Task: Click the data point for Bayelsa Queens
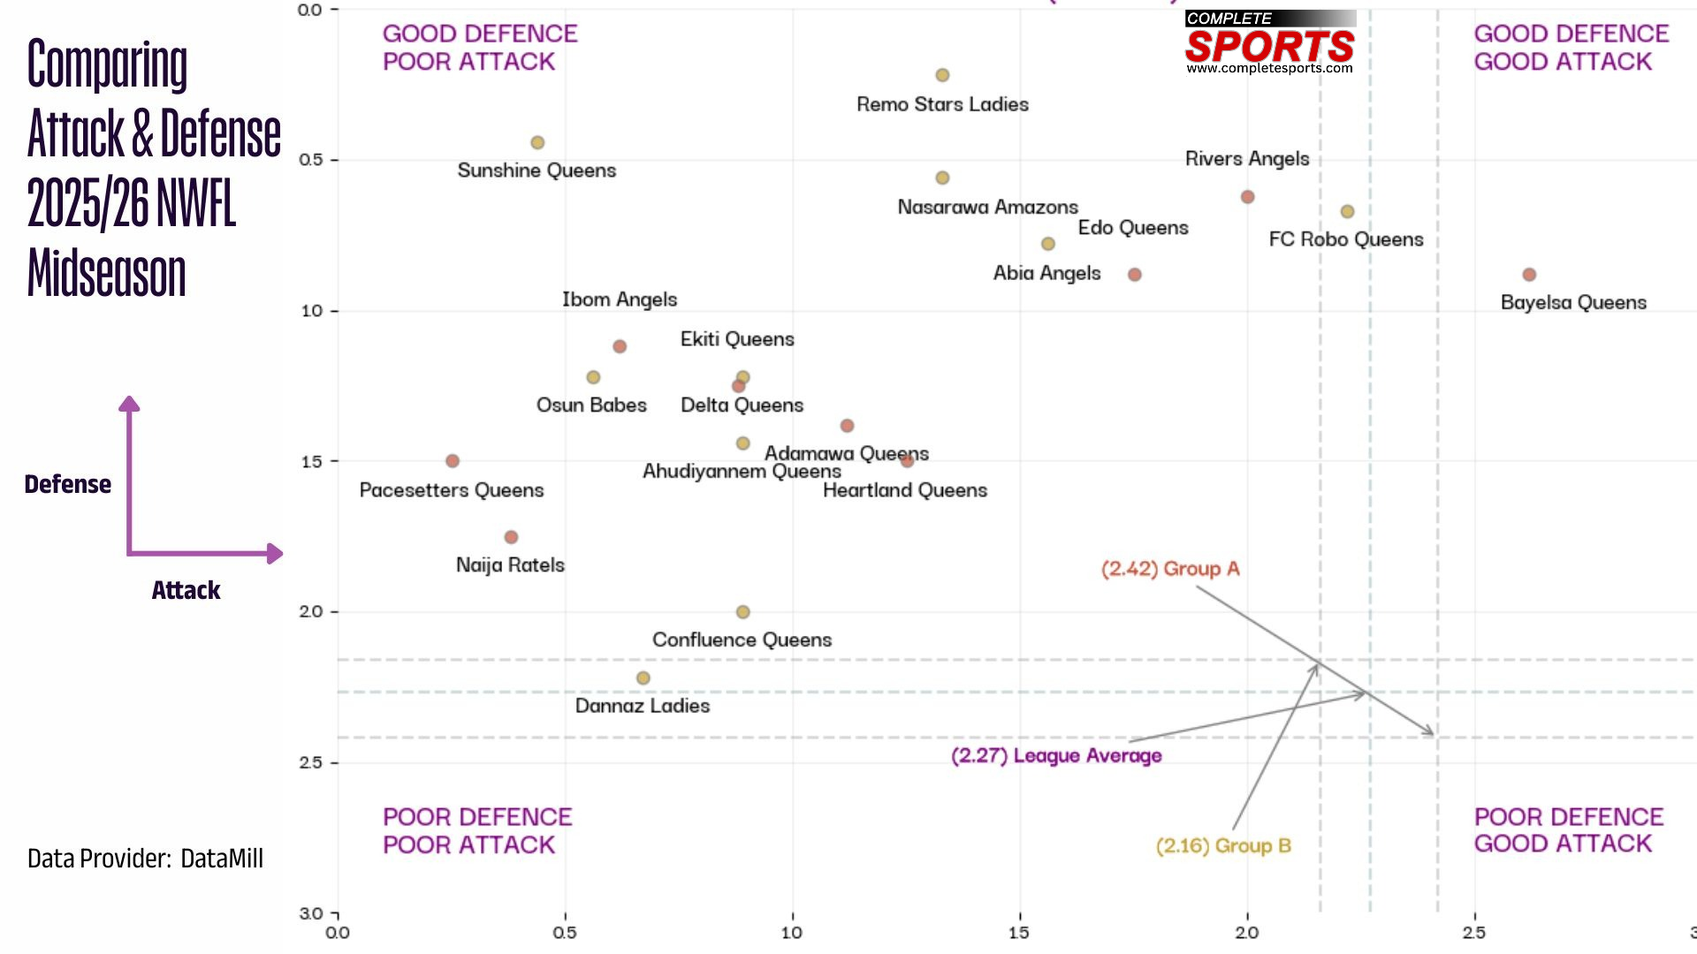(x=1529, y=275)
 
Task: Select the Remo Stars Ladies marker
(x=942, y=75)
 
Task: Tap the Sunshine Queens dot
(x=537, y=142)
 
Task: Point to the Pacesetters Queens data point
(x=453, y=461)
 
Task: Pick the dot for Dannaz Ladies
(x=643, y=678)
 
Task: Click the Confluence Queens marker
(x=743, y=612)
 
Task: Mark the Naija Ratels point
(x=511, y=537)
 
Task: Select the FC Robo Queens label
(x=1345, y=239)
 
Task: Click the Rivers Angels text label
(x=1247, y=159)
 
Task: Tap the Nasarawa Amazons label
(x=987, y=208)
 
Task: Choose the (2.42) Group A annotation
(x=1170, y=569)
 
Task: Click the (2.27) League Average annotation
(x=1056, y=756)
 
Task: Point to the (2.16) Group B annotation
(x=1223, y=846)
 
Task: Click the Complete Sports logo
(x=1269, y=42)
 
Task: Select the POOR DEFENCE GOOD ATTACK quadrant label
(x=1568, y=830)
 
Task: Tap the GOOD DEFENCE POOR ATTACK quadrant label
(x=479, y=48)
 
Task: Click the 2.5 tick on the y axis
(x=311, y=762)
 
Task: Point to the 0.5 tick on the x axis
(x=565, y=933)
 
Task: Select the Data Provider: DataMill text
(x=145, y=859)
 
